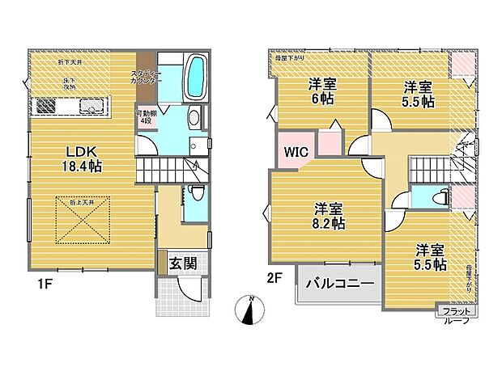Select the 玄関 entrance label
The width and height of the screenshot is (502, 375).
tap(181, 263)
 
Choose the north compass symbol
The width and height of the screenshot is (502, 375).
tap(251, 312)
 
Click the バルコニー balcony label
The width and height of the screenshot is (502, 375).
tap(338, 284)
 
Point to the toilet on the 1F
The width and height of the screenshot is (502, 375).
tap(196, 194)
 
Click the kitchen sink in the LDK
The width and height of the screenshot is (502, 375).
tap(90, 105)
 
